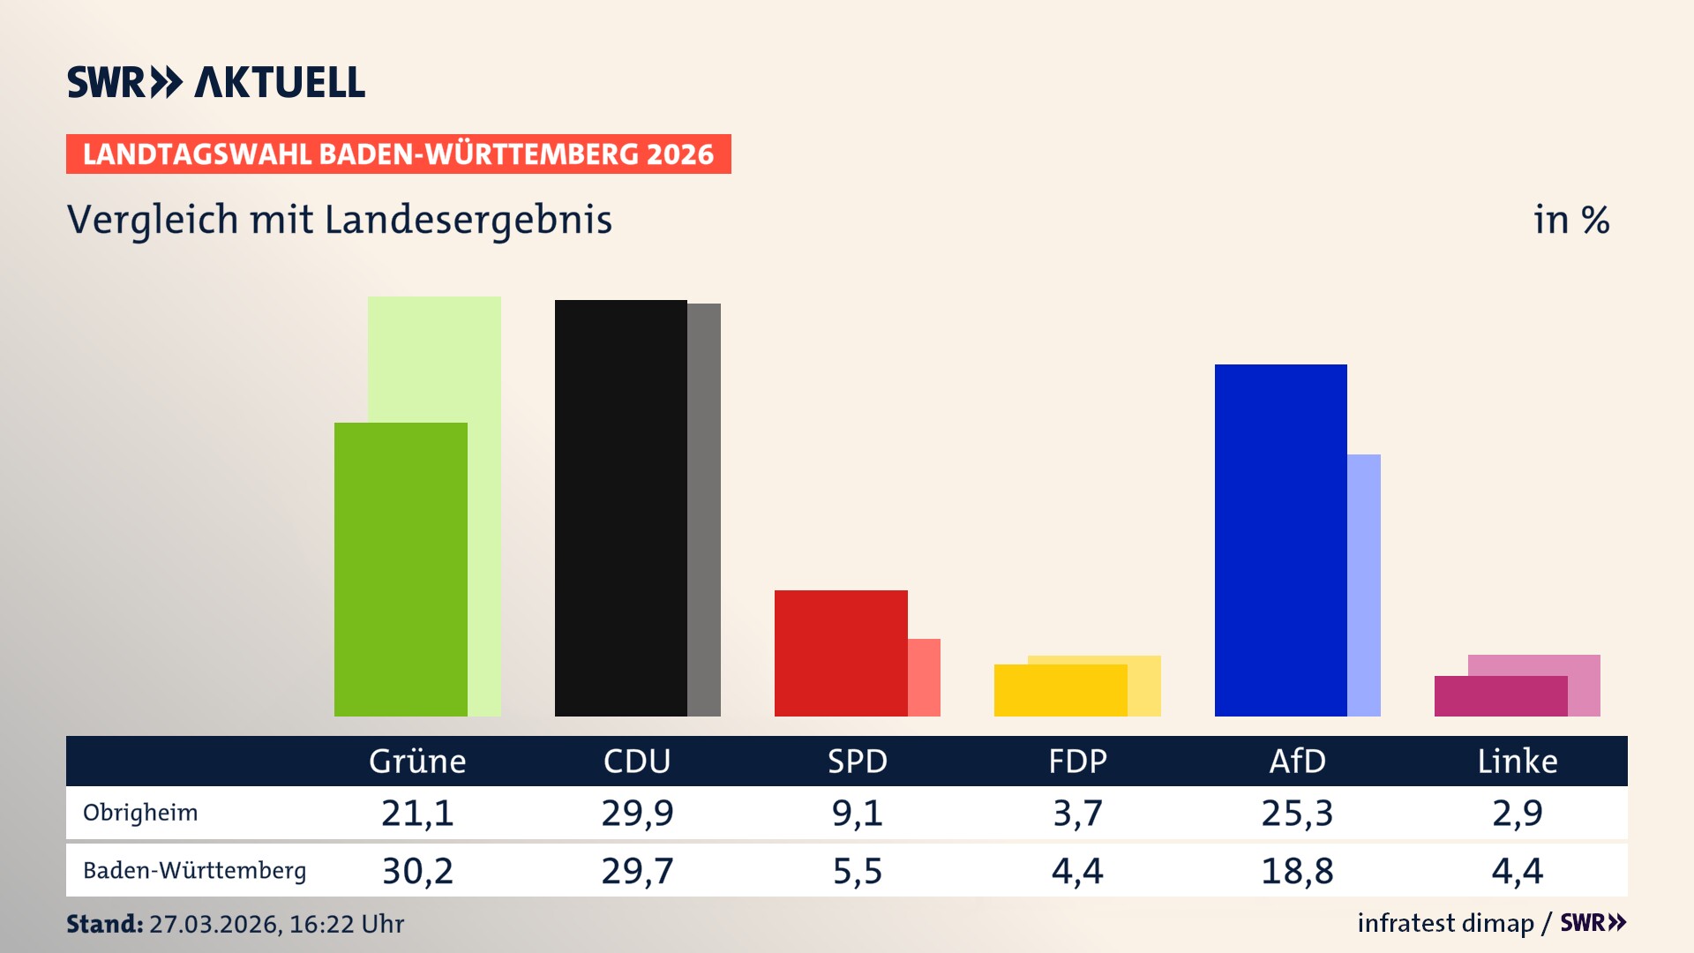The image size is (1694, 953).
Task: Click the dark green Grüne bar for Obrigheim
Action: pos(401,569)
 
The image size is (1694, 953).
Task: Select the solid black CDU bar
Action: pos(620,507)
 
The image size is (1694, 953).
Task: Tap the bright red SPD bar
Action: pos(841,653)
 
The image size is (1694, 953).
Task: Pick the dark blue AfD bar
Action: pos(1280,540)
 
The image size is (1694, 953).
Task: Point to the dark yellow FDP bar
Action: pos(1061,690)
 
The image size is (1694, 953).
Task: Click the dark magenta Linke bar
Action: pos(1501,696)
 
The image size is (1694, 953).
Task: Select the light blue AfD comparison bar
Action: pos(1364,585)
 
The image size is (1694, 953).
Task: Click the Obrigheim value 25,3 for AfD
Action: pos(1297,813)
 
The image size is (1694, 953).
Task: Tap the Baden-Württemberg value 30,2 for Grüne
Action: pos(417,871)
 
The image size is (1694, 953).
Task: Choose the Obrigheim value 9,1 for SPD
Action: pos(857,813)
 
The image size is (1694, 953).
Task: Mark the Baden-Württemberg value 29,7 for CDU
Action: pos(637,871)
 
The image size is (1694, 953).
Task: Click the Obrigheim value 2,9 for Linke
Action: pos(1518,813)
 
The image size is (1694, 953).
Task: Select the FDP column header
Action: pos(1077,761)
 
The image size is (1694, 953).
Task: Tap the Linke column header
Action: pos(1518,761)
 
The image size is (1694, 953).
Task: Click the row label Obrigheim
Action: pos(140,813)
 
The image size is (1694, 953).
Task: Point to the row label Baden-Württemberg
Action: pos(194,871)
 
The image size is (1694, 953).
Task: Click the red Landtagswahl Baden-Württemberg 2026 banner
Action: pos(398,154)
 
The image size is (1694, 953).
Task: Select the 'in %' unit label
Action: pos(1571,220)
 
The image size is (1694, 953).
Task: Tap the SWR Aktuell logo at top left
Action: pos(216,82)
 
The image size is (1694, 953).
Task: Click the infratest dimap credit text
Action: pos(1445,923)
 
